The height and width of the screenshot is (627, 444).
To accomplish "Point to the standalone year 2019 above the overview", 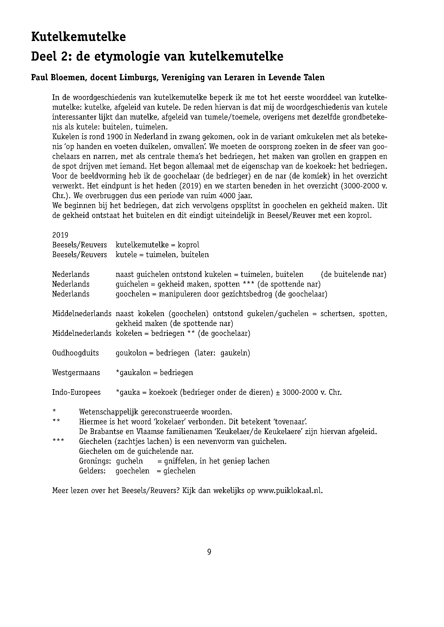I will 60,235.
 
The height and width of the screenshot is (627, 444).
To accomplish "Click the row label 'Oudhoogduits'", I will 75,353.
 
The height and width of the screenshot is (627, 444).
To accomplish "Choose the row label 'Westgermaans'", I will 76,373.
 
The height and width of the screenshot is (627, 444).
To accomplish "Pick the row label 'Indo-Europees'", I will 76,392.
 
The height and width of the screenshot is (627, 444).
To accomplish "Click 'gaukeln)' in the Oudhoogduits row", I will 235,353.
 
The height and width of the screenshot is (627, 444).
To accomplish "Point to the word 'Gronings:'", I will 95,461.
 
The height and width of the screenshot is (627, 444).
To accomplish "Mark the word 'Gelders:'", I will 92,471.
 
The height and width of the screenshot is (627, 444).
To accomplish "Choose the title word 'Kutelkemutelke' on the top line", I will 78,37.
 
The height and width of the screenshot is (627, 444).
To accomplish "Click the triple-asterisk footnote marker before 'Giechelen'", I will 58,441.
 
